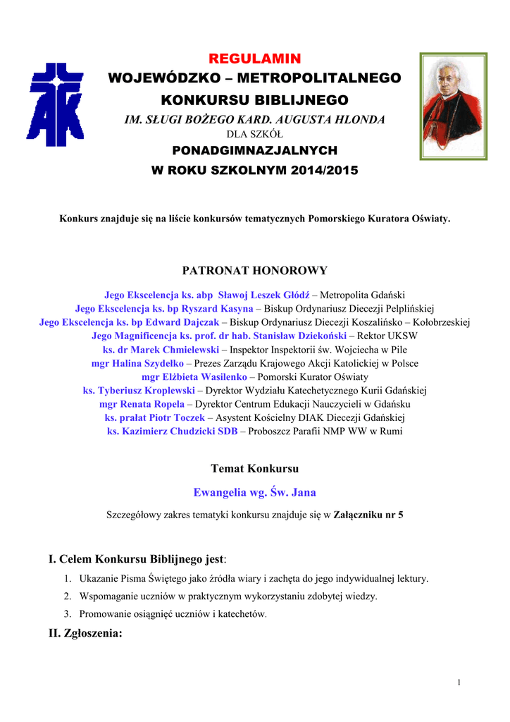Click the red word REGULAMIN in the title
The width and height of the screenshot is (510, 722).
[x=254, y=58]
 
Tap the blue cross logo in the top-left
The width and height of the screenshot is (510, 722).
[x=56, y=104]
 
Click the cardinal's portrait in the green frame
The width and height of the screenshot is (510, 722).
[x=453, y=106]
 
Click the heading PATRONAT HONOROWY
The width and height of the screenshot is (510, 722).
[x=254, y=270]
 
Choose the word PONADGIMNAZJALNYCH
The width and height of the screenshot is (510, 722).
[x=255, y=150]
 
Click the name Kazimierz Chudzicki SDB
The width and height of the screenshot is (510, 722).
[x=172, y=431]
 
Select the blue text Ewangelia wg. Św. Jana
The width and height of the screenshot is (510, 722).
[x=254, y=492]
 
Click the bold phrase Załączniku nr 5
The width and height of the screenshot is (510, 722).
[x=368, y=515]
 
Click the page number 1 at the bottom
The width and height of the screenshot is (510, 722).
[x=459, y=682]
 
